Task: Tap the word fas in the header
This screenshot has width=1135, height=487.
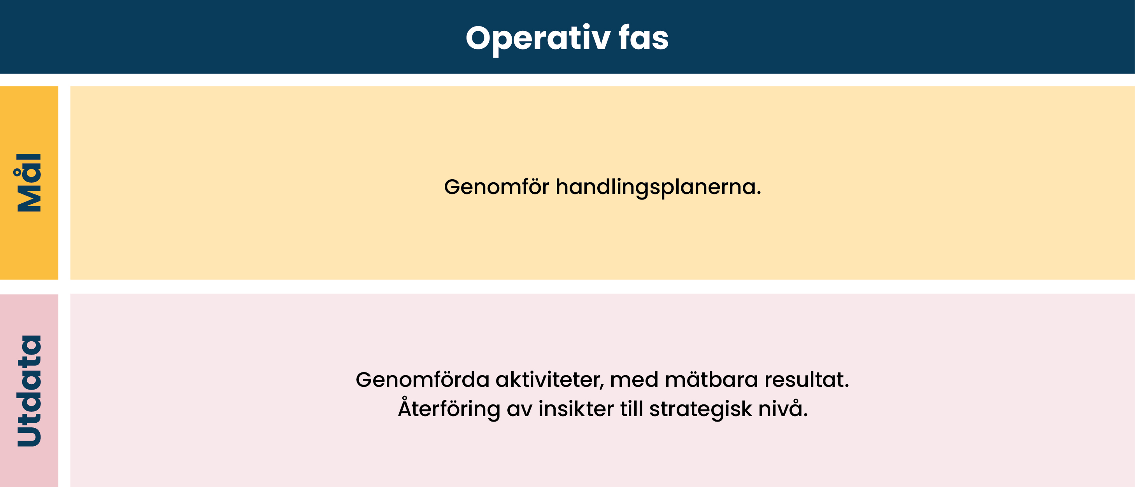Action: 644,37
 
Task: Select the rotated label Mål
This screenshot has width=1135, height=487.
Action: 29,183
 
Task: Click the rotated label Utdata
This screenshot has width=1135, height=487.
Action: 29,391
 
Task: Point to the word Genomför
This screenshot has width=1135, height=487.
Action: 496,187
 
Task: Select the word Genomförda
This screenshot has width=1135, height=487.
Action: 423,379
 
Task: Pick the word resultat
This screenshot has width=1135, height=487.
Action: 803,379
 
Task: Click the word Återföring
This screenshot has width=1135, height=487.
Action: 449,408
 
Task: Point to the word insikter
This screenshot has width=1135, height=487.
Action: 576,408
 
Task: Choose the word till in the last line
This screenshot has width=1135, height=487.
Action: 632,408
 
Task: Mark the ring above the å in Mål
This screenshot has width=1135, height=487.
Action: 17,172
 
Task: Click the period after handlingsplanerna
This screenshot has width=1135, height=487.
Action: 759,194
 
